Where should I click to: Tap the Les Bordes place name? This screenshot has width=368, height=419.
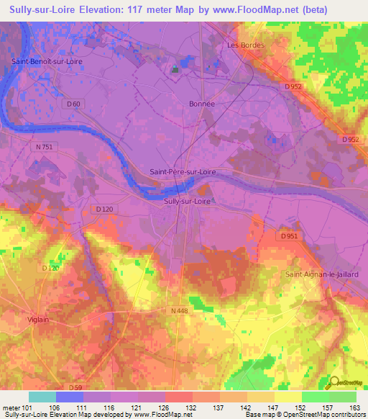[246, 45]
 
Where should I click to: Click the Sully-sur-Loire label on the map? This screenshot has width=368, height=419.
[188, 202]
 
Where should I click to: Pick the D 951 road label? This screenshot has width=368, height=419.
[288, 235]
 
